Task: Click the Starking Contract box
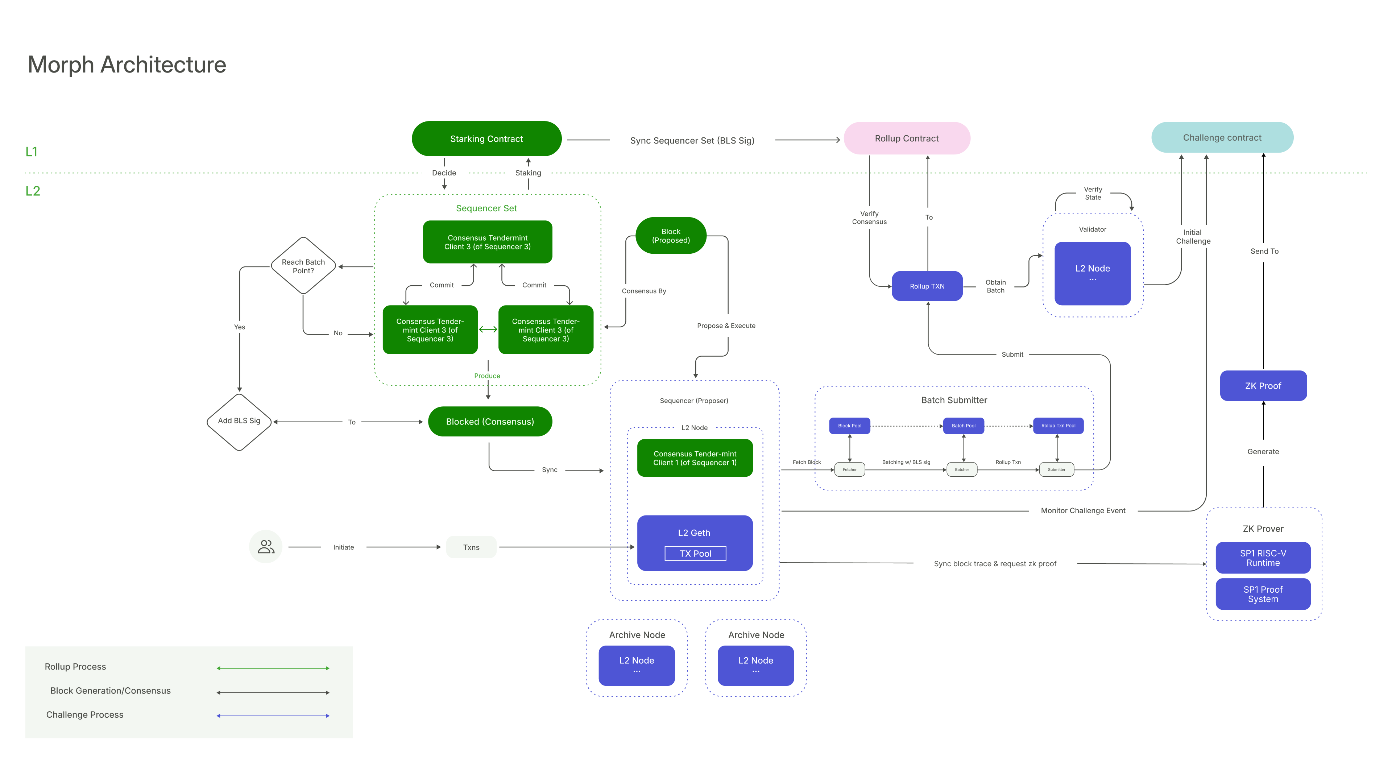(x=486, y=139)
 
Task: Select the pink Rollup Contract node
(x=906, y=138)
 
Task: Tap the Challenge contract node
(x=1222, y=138)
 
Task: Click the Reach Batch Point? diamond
(x=303, y=266)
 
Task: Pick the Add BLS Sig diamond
(x=239, y=421)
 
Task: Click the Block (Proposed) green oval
(x=671, y=236)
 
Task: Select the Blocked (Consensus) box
(x=490, y=422)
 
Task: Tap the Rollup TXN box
(x=927, y=286)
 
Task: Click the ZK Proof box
(x=1263, y=386)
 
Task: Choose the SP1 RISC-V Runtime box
(x=1263, y=558)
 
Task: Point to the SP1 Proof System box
(x=1263, y=594)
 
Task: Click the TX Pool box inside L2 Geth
(x=695, y=553)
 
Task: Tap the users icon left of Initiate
(x=265, y=547)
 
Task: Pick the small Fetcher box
(x=849, y=469)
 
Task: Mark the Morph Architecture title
(x=127, y=65)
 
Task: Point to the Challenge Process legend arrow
(x=273, y=716)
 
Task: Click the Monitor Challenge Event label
(x=1083, y=511)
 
